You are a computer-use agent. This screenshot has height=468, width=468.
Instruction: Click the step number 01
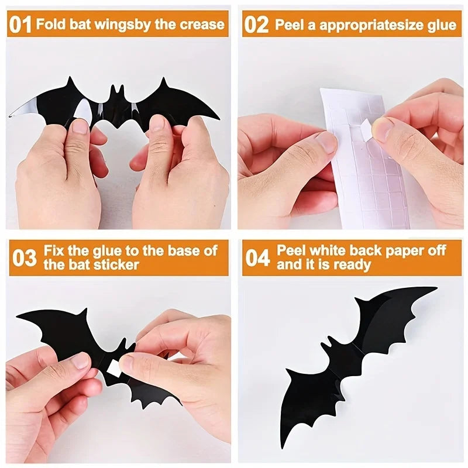coord(21,25)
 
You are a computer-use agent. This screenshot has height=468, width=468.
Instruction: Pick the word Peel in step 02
coord(289,25)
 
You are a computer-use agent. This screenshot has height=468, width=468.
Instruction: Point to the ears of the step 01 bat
coord(118,91)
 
